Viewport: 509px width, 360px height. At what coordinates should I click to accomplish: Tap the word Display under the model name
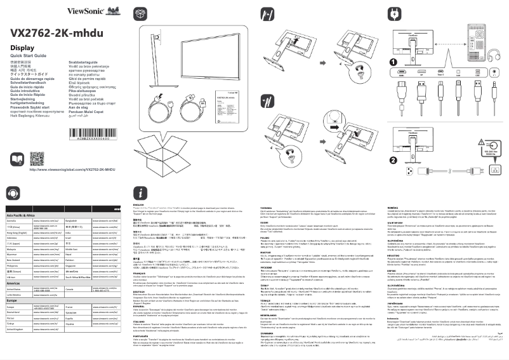(x=22, y=48)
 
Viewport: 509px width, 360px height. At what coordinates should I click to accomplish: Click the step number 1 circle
(x=392, y=62)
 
